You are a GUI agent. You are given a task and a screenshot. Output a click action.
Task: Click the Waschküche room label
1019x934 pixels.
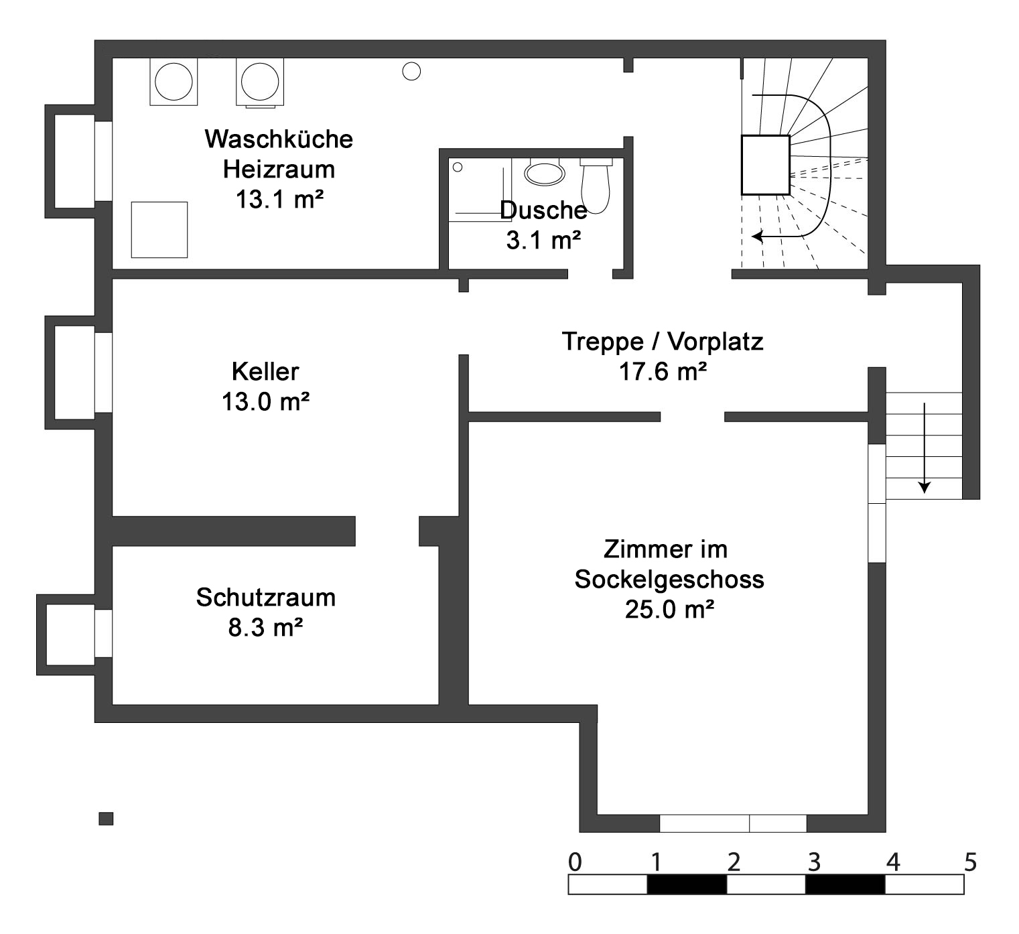[x=279, y=139]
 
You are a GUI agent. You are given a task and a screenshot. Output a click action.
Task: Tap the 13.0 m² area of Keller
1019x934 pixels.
[x=266, y=402]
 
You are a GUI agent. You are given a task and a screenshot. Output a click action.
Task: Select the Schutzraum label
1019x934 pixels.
[x=266, y=598]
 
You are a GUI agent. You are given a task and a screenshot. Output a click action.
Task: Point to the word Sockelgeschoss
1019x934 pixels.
[x=669, y=580]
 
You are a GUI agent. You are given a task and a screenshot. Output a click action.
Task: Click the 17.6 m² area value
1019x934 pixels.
[x=663, y=371]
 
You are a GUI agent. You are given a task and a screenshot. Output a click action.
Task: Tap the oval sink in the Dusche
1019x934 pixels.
[x=545, y=174]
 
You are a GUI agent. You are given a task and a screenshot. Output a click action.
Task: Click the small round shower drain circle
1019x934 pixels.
[x=458, y=168]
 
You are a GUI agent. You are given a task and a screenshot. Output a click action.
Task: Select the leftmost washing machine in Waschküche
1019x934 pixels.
[x=174, y=82]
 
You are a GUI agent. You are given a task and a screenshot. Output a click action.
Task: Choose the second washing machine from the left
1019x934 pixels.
[x=259, y=82]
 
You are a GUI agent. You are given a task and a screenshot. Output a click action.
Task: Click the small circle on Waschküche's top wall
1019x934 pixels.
[x=411, y=71]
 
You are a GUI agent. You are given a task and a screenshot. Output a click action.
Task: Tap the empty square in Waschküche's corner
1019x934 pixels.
[x=159, y=230]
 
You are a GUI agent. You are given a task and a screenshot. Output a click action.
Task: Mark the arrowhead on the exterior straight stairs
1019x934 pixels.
[x=925, y=487]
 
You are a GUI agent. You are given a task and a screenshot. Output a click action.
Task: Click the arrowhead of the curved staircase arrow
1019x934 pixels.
[x=758, y=237]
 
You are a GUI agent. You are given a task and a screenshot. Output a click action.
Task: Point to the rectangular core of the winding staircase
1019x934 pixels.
[x=766, y=165]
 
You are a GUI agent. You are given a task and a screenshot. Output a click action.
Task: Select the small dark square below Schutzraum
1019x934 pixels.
[x=106, y=819]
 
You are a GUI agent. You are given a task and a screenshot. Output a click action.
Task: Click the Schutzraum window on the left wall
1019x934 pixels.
[x=103, y=633]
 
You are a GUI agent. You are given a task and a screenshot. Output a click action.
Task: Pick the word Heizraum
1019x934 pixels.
[x=279, y=170]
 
